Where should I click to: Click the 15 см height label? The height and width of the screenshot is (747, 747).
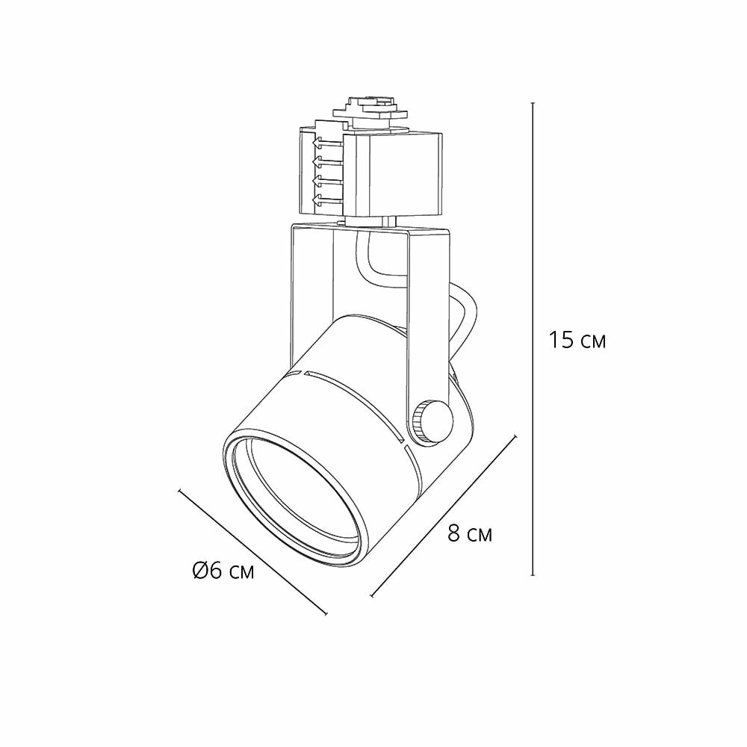pyautogui.click(x=577, y=340)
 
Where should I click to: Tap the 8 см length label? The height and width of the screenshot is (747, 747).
pyautogui.click(x=470, y=534)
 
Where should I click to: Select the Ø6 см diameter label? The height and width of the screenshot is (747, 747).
pyautogui.click(x=223, y=570)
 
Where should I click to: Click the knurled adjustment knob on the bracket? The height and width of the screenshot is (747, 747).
pyautogui.click(x=431, y=421)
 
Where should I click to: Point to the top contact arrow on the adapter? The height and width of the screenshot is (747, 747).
pyautogui.click(x=327, y=143)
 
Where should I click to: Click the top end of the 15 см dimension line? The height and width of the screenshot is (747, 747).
pyautogui.click(x=533, y=103)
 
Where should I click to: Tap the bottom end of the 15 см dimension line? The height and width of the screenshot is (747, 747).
pyautogui.click(x=533, y=575)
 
